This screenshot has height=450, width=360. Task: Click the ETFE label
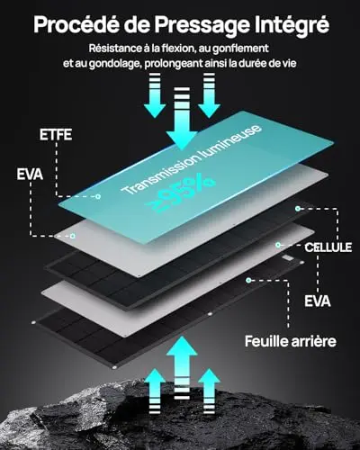coord(56,135)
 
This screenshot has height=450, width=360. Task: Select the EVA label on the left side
coord(30,175)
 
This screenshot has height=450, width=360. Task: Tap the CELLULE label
coord(328,247)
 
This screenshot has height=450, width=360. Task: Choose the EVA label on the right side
coord(318,301)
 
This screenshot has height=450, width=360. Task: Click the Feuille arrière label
coord(291,341)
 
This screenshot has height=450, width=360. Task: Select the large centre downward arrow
coord(182,119)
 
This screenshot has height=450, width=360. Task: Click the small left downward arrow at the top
coord(155,95)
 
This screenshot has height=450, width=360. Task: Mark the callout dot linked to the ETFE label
coord(98,197)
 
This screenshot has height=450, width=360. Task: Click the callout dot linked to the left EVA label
coord(72,236)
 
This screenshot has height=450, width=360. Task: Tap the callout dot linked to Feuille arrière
coord(248,280)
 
